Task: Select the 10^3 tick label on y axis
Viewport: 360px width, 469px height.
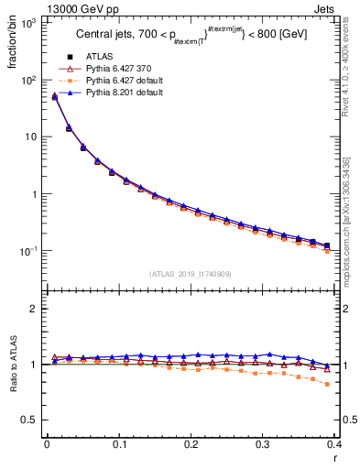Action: click(29, 23)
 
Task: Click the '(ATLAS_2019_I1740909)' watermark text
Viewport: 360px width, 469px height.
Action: click(191, 273)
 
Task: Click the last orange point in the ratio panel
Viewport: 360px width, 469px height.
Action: click(327, 385)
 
